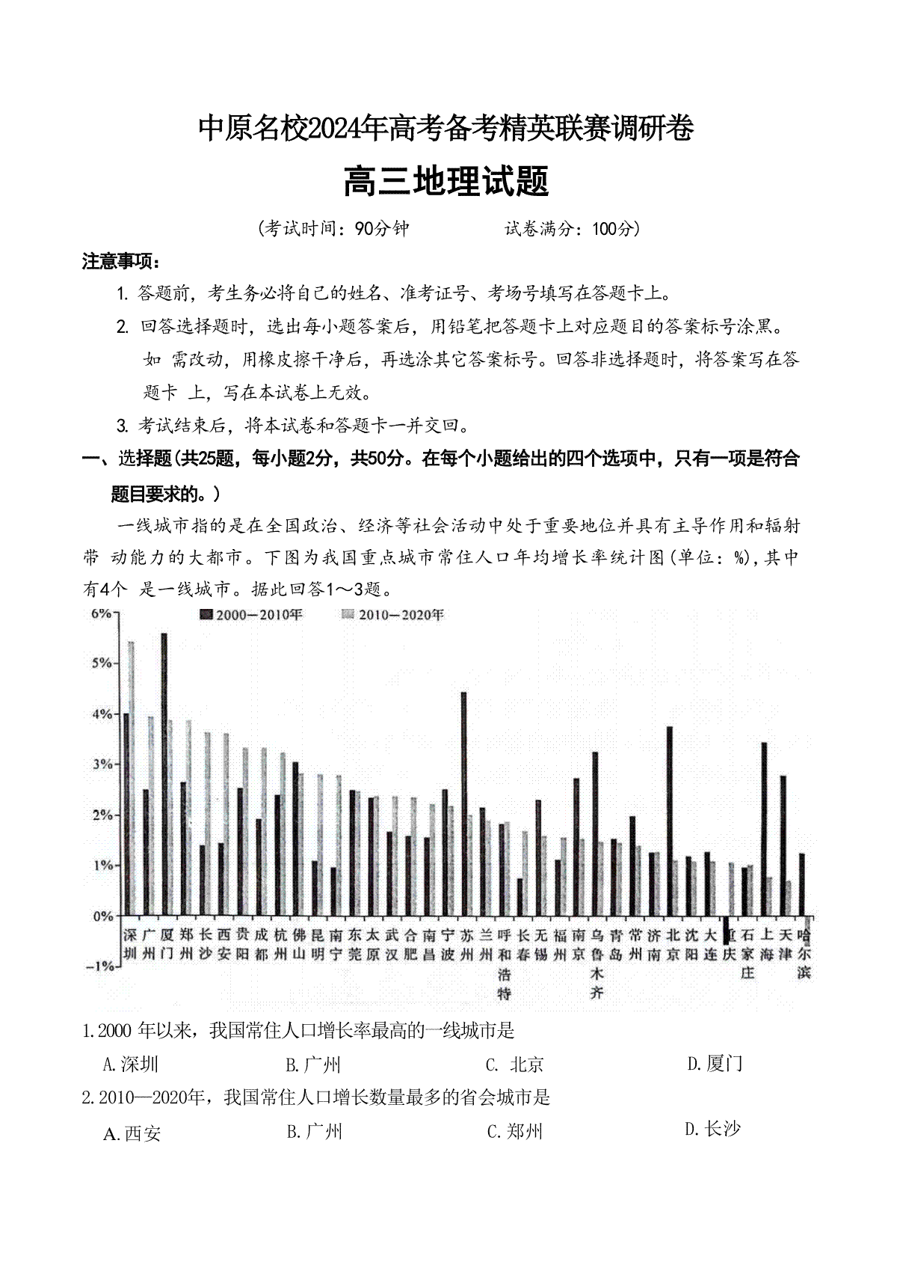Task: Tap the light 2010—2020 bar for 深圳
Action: pyautogui.click(x=132, y=778)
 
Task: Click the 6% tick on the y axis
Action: pyautogui.click(x=101, y=613)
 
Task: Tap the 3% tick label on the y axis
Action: pyautogui.click(x=101, y=765)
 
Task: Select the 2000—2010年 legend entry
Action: pyautogui.click(x=251, y=615)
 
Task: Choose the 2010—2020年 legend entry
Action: pyautogui.click(x=393, y=615)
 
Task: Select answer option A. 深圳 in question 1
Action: pyautogui.click(x=131, y=1064)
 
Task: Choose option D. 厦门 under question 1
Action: pyautogui.click(x=715, y=1063)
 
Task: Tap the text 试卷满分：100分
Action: pyautogui.click(x=572, y=228)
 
